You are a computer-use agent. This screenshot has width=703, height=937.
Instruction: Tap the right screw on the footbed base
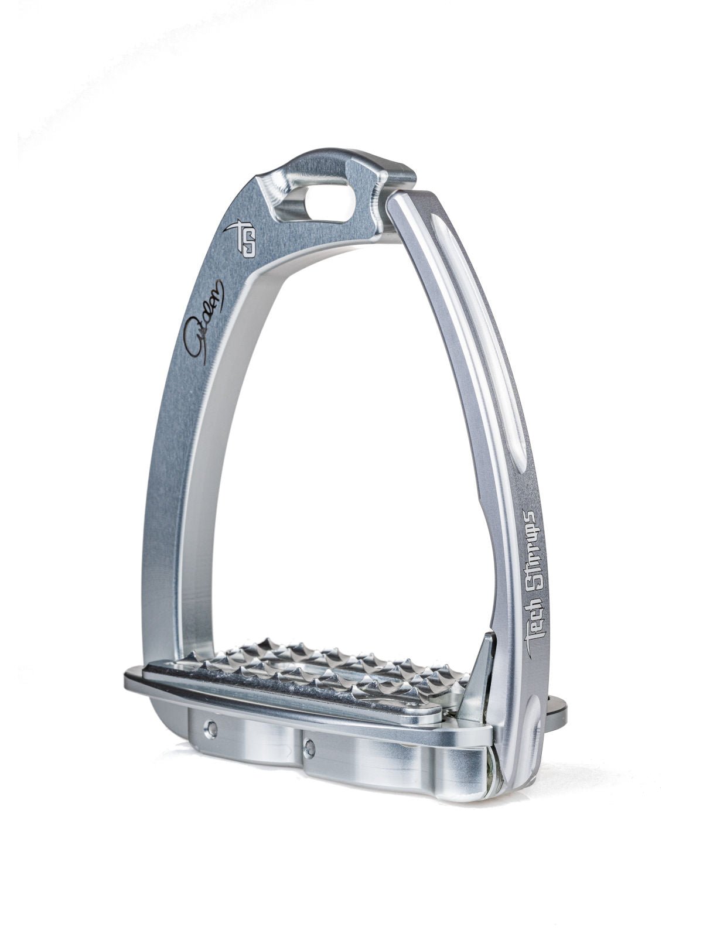pyautogui.click(x=310, y=746)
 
